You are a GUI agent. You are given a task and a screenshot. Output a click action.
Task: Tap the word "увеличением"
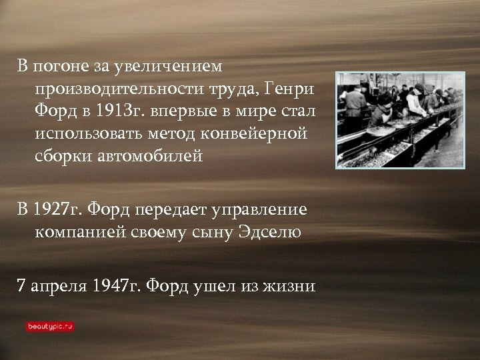click(x=169, y=67)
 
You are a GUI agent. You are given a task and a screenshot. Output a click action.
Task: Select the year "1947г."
click(x=117, y=285)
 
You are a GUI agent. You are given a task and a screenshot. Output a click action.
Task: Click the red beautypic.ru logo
click(x=50, y=327)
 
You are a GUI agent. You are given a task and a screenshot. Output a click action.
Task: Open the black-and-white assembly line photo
click(x=400, y=120)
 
